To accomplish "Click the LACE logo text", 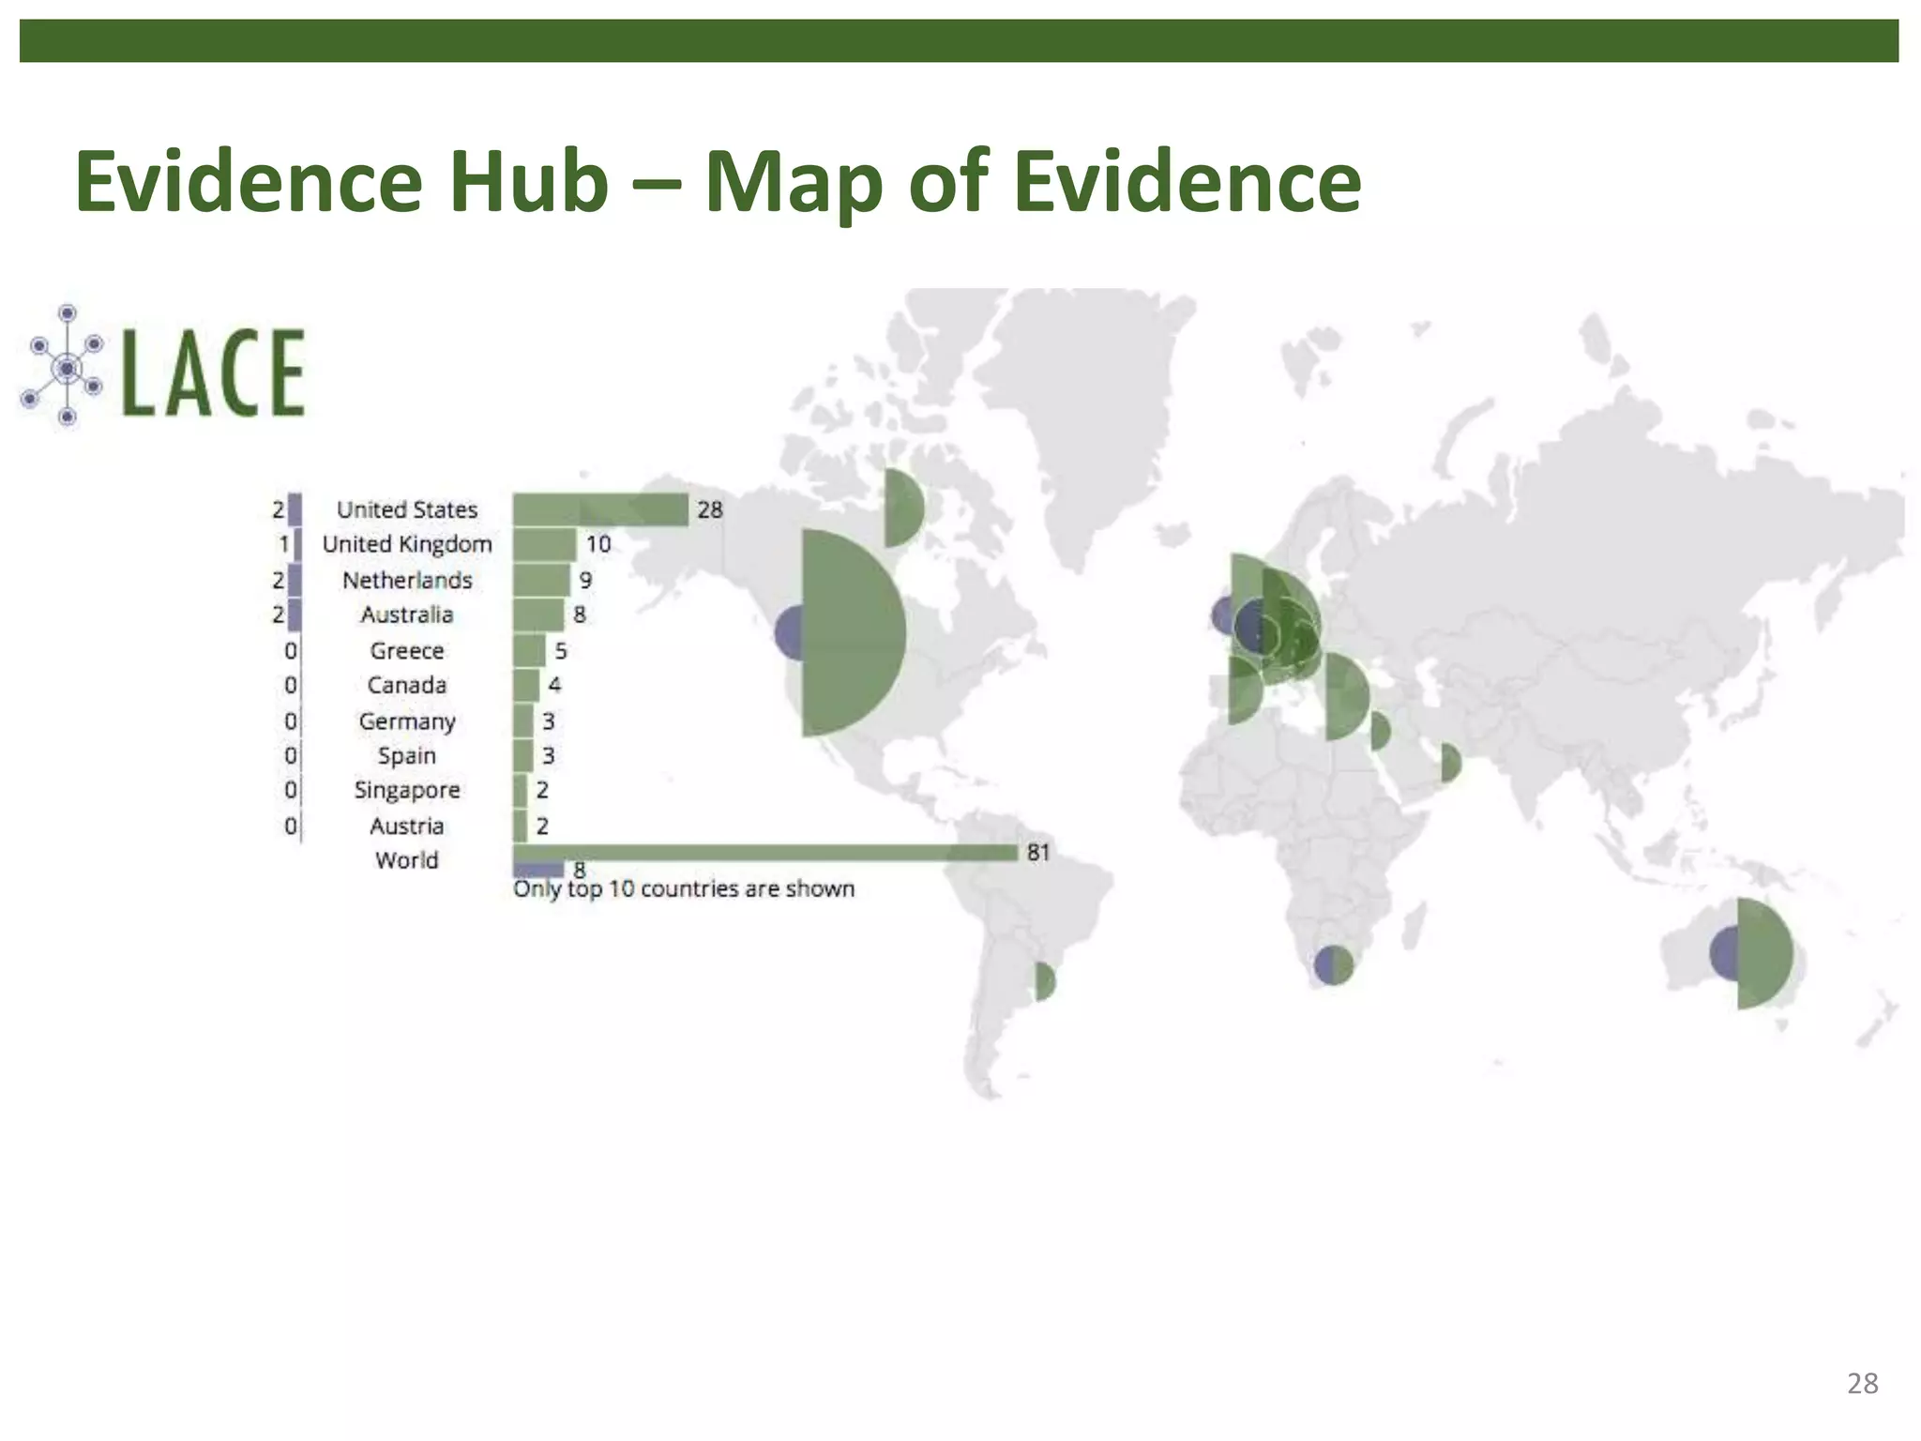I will (x=214, y=372).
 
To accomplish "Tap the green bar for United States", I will (x=600, y=509).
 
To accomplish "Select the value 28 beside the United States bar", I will (x=710, y=509).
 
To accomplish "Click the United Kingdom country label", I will (x=407, y=544).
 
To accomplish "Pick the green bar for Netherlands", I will (x=541, y=580).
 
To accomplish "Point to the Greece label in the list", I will (x=407, y=650).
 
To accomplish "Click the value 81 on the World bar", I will (x=1037, y=852).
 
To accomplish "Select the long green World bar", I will (x=764, y=852).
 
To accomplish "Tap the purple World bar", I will (x=537, y=869).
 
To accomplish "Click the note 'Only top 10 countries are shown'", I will (x=684, y=888).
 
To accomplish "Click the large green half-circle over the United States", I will (x=849, y=633).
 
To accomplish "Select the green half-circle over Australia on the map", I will (x=1763, y=953).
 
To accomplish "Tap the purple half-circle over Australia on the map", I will (x=1723, y=953).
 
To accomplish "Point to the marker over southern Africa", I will (x=1333, y=964).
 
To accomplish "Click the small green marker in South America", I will (x=1044, y=981).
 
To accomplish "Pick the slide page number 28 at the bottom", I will (x=1862, y=1383).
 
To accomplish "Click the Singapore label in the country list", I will (x=407, y=790).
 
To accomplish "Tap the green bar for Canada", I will (x=526, y=685).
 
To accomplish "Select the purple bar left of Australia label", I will (x=295, y=614).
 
